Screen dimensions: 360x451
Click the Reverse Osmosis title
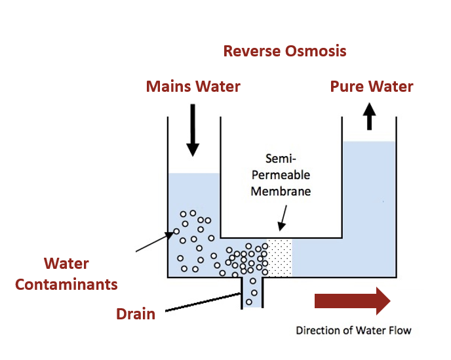284,51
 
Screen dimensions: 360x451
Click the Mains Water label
193,87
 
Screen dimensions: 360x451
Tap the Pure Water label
372,87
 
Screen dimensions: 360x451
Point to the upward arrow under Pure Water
370,116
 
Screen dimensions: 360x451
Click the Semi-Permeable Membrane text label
280,175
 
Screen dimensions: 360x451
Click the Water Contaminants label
66,274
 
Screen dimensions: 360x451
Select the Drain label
136,313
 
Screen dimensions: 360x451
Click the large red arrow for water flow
352,301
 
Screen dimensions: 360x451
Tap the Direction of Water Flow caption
353,330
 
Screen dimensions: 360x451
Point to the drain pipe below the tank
252,292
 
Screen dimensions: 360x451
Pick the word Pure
347,87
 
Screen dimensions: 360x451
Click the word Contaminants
66,285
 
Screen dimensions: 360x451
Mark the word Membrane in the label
280,191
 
